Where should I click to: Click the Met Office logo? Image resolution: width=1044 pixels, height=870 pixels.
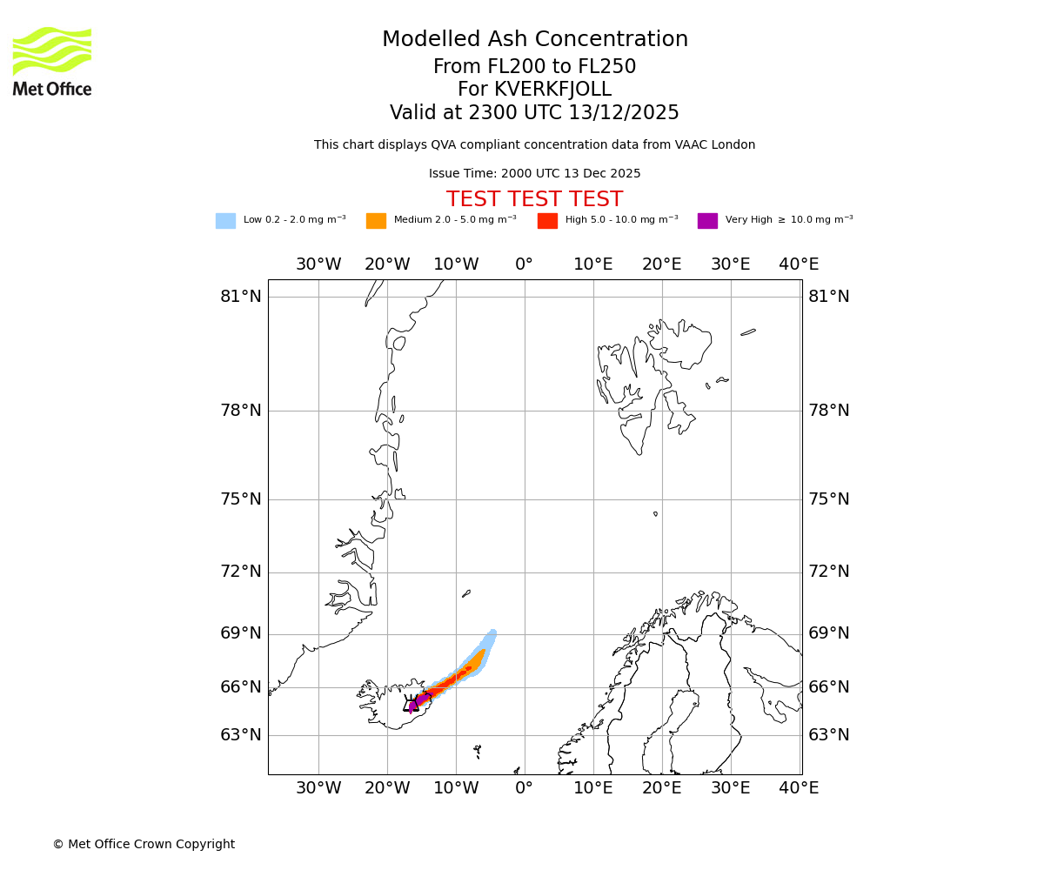coord(52,61)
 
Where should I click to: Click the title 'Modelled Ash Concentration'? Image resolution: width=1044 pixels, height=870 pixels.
coord(535,40)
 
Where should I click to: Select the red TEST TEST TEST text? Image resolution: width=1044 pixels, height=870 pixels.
coord(535,200)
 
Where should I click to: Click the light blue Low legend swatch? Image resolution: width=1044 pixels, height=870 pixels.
coord(225,221)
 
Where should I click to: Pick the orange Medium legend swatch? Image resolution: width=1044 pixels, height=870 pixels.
coord(376,221)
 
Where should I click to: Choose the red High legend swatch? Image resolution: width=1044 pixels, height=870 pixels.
coord(547,221)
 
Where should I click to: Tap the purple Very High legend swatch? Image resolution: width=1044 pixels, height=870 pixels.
coord(707,221)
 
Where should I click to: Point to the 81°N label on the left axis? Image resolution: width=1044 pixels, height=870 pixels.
coord(241,297)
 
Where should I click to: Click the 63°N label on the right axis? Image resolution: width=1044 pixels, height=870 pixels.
coord(829,735)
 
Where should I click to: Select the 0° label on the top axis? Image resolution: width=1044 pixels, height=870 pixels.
coord(524,264)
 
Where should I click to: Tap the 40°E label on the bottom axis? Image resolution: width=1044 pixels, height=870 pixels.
coord(799,788)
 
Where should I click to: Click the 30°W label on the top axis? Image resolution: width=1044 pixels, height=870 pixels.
coord(318,264)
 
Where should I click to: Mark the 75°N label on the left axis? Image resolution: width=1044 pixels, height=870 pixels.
coord(241,499)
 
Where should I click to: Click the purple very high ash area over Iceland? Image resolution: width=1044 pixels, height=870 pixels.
coord(421,699)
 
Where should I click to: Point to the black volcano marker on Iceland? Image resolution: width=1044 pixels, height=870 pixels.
coord(411,705)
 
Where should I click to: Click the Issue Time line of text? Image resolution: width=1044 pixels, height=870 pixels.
coord(535,174)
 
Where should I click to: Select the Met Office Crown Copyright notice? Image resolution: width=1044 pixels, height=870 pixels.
coord(144,845)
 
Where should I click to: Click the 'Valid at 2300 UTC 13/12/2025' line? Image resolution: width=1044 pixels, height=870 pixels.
coord(535,113)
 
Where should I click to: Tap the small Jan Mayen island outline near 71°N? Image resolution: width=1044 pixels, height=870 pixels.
coord(466,594)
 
